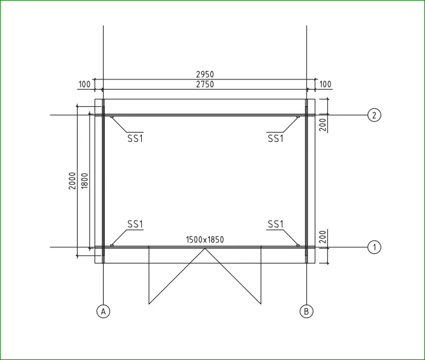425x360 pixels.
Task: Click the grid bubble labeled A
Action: pos(103,312)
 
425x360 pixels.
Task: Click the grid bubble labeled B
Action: pos(306,312)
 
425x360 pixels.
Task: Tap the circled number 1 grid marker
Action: pos(374,247)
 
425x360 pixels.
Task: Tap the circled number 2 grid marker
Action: pos(374,115)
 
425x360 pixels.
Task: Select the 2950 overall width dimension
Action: pos(205,74)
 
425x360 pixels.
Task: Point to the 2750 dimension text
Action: pos(205,84)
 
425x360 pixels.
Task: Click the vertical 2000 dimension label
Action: pos(72,181)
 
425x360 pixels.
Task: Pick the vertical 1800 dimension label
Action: pos(84,181)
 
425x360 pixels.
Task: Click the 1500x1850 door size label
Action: pos(205,240)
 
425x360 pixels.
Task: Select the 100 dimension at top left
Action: pos(84,84)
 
